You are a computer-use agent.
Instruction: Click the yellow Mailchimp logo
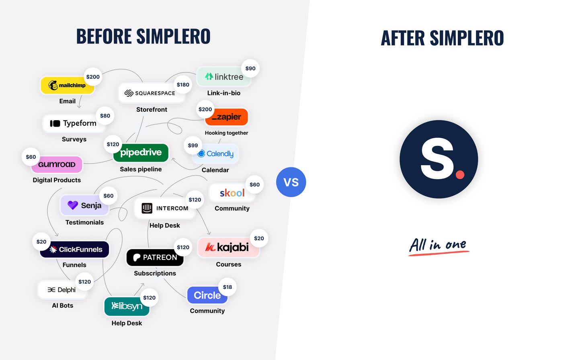[67, 85]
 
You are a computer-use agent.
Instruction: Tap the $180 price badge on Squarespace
[183, 85]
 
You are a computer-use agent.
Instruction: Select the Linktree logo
[224, 77]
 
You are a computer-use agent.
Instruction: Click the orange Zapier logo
[227, 117]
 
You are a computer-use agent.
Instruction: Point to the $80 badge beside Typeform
[105, 116]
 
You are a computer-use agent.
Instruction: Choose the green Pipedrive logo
[141, 152]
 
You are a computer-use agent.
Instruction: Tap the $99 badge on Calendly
[193, 145]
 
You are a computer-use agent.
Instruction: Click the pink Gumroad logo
[57, 164]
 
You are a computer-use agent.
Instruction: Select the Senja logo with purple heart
[84, 205]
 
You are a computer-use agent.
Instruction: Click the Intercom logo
[165, 208]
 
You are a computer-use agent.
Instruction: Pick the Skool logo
[232, 193]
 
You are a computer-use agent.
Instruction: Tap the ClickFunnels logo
[75, 250]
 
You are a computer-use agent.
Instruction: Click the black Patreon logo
[155, 258]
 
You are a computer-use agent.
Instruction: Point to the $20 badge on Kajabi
[259, 238]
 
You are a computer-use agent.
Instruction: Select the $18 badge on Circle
[227, 287]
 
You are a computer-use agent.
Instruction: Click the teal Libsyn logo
[127, 306]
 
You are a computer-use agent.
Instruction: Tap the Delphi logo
[62, 290]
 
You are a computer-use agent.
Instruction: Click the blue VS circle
[291, 182]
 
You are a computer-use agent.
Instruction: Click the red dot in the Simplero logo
[460, 174]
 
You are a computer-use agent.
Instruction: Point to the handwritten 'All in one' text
[439, 245]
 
